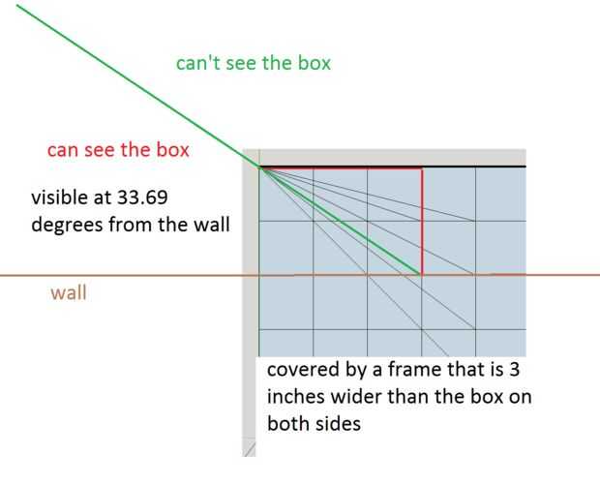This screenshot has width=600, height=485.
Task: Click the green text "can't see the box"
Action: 254,63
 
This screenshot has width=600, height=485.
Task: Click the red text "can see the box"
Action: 118,150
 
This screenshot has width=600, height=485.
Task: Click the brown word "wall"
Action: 68,290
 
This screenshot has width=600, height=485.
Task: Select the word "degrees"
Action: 68,225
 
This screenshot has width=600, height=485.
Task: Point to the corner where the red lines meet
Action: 422,168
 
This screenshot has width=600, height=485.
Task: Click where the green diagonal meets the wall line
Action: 421,275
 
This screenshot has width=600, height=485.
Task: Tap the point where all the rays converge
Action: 260,167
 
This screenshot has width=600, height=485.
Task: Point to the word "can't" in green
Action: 196,63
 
